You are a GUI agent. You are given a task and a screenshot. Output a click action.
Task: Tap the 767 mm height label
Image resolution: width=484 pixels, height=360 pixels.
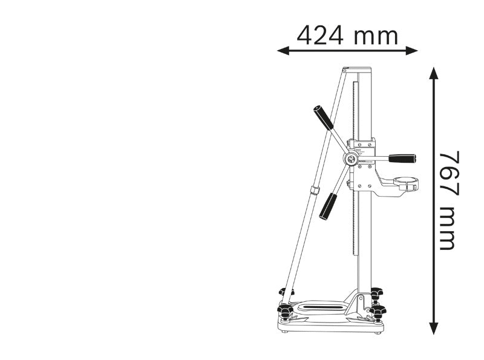pos(448,200)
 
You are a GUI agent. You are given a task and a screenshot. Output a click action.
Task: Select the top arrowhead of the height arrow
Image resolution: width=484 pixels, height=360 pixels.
pos(433,73)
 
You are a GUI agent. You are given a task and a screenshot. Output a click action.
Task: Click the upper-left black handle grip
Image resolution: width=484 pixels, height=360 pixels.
pos(323,117)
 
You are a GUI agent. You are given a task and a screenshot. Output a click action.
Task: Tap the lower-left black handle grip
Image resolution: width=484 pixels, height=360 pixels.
pos(329,206)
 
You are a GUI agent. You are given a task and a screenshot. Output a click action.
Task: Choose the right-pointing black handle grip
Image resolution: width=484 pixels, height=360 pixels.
pos(402,158)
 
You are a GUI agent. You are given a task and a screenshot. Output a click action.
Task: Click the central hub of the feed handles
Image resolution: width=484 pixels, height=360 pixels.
pos(350,159)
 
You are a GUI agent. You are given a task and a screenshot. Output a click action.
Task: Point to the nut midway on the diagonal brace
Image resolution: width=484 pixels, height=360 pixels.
pos(315,191)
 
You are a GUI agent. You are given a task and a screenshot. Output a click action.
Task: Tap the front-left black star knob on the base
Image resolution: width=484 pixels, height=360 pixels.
pos(285,312)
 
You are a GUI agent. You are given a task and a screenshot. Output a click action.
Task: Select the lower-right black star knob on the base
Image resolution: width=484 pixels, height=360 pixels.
pos(379,312)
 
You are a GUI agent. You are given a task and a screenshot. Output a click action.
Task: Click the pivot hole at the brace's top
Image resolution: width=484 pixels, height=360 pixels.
pos(345,70)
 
